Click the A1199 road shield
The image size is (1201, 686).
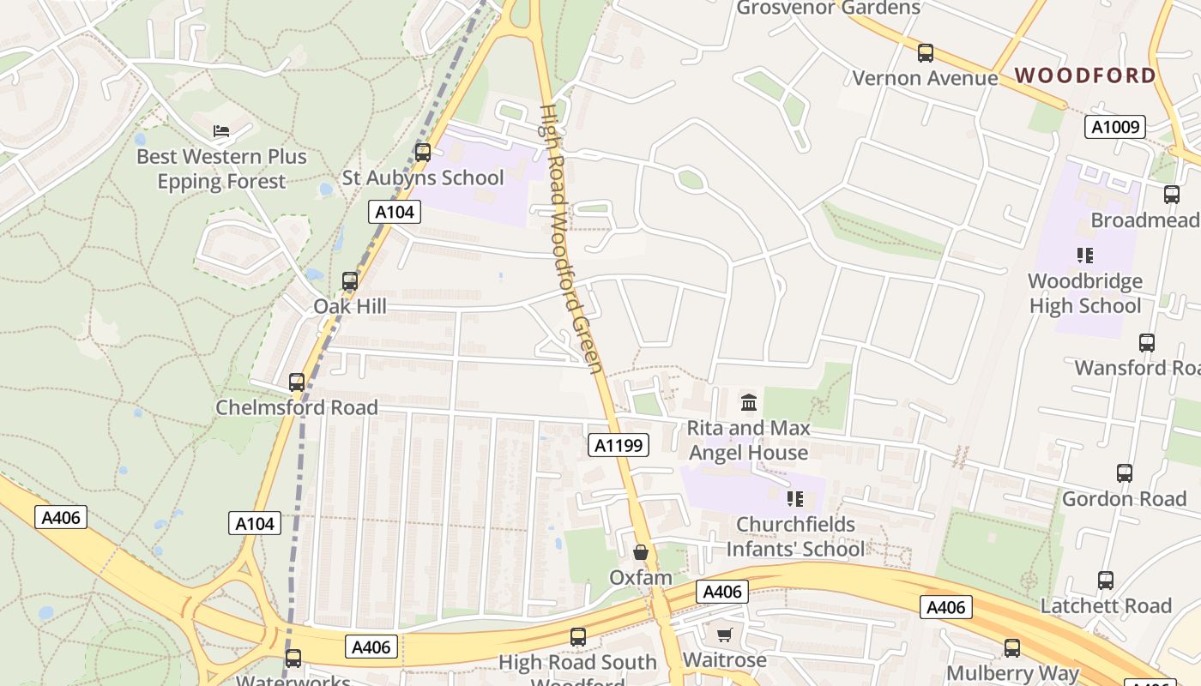coord(619,444)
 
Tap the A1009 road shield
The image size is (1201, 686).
coord(1115,127)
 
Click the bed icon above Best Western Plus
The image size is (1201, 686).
coord(221,131)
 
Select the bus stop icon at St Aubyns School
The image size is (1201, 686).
coord(423,153)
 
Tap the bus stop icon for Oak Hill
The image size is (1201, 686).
coord(350,280)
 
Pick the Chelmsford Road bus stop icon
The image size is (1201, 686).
coord(297,382)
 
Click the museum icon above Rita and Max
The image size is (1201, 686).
coord(749,402)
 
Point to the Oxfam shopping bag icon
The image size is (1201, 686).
coord(640,552)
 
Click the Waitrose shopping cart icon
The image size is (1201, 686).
coord(725,635)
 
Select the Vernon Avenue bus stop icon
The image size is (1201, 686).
coord(926,53)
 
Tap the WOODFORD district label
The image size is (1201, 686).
coord(1085,75)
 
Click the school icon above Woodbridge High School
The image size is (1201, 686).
coord(1085,255)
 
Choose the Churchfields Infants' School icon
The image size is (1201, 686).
coord(795,498)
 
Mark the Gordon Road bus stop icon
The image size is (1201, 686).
coord(1125,473)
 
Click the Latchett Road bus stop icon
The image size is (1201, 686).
coord(1106,581)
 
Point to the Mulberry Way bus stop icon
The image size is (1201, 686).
coord(1012,648)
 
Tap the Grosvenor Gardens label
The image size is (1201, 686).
coord(829,8)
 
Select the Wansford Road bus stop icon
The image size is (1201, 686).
coord(1147,343)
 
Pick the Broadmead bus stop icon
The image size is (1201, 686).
coord(1172,195)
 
